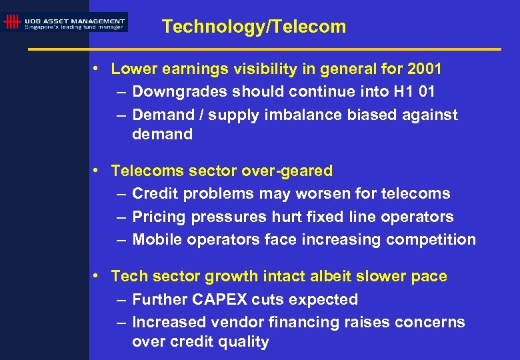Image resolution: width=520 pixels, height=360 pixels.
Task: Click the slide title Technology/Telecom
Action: tap(254, 27)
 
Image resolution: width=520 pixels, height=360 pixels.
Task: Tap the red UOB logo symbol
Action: tap(11, 23)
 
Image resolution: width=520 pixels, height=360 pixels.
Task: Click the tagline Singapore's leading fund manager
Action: tap(74, 27)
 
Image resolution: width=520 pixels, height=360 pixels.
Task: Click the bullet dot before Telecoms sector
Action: tap(97, 170)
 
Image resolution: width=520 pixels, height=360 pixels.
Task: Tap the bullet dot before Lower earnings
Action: tap(97, 68)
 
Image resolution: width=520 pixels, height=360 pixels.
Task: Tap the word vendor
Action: tap(236, 322)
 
